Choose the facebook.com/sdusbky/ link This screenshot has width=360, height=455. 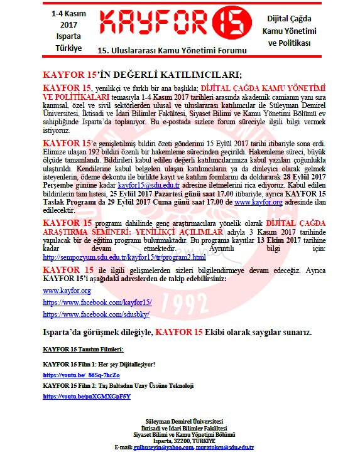point(87,314)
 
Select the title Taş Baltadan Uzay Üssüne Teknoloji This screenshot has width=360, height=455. point(143,385)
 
